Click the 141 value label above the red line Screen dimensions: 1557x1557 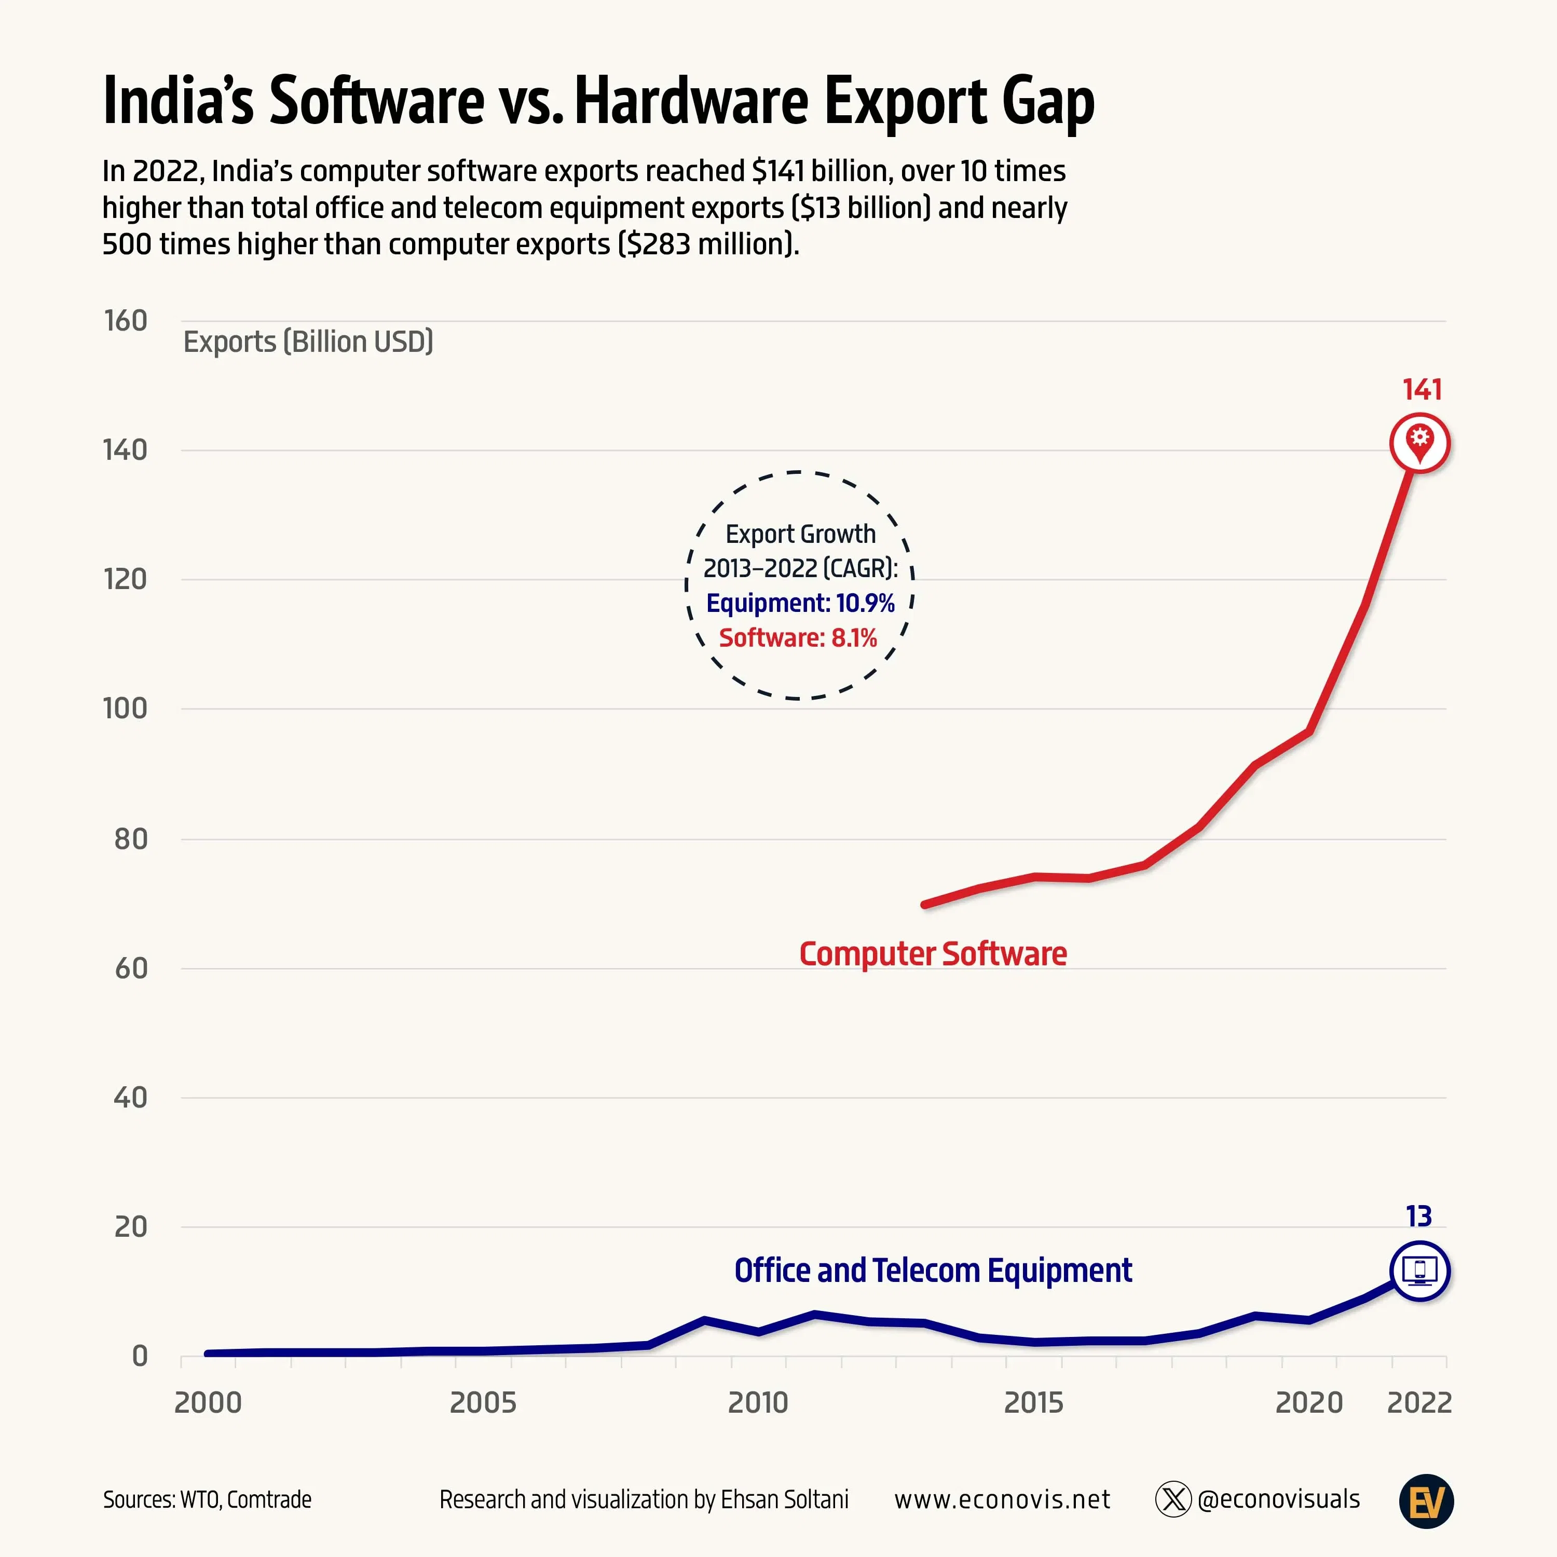(1422, 390)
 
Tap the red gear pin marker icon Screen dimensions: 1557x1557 (1420, 442)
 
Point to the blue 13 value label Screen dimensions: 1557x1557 (1418, 1216)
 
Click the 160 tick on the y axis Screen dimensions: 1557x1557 (126, 321)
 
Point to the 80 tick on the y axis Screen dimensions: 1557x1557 (131, 839)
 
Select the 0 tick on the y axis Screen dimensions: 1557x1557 (140, 1356)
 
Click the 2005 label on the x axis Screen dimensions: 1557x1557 (482, 1403)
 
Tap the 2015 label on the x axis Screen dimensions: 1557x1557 (1033, 1403)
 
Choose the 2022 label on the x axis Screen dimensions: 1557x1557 (1419, 1403)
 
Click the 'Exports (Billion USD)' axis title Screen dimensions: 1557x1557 (308, 342)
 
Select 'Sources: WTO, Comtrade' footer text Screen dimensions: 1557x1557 (207, 1500)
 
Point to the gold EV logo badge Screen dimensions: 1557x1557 (1426, 1501)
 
